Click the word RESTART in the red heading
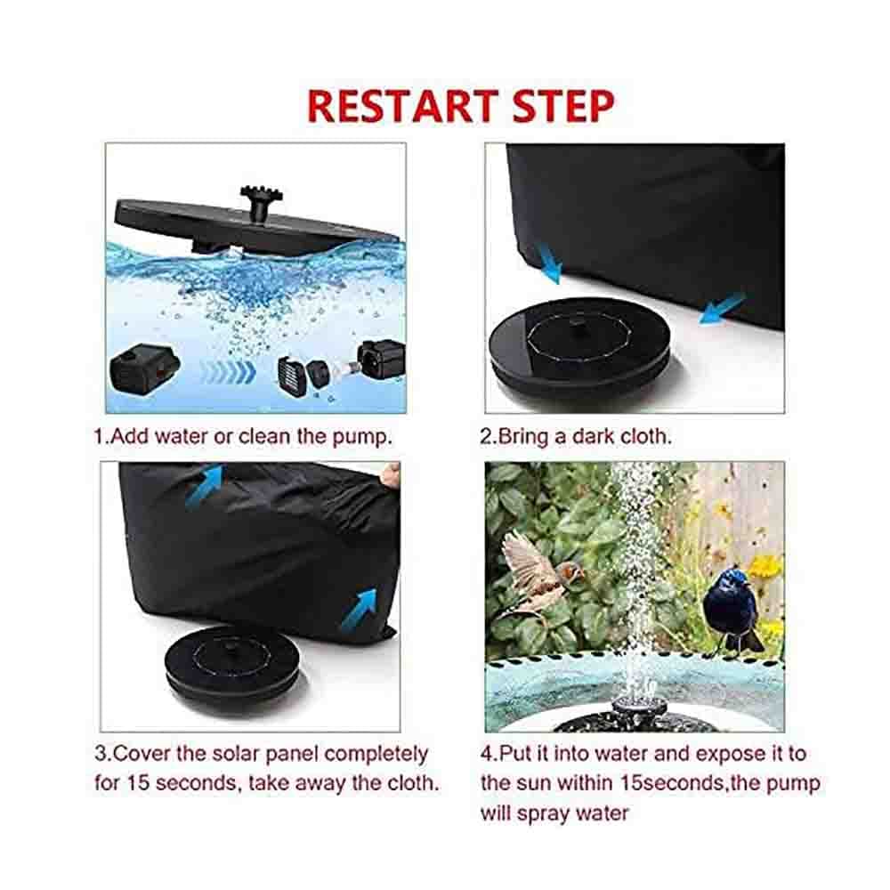click(402, 106)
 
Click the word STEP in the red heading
click(563, 106)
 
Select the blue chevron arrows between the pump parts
click(227, 372)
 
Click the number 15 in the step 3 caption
click(137, 783)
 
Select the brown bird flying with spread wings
click(538, 573)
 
